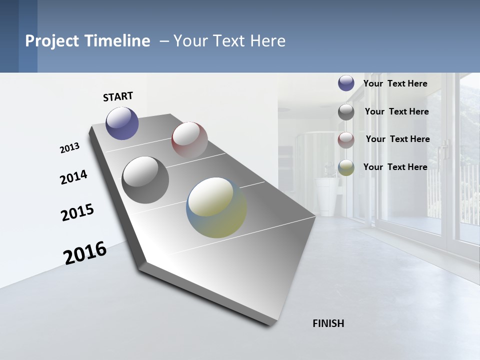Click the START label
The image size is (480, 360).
tap(118, 96)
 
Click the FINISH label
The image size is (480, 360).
tap(328, 323)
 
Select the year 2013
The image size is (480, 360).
tap(69, 148)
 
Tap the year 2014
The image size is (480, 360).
tap(73, 177)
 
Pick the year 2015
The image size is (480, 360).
tap(77, 212)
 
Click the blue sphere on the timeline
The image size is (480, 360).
tap(122, 123)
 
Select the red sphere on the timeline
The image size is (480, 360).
tap(189, 139)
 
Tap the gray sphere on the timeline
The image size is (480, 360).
tap(145, 179)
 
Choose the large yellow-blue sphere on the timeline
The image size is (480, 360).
tap(216, 207)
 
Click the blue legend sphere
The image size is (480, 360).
tap(346, 83)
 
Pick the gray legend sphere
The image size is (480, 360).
tap(346, 112)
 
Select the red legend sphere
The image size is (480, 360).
tap(346, 140)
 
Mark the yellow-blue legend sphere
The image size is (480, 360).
tap(346, 167)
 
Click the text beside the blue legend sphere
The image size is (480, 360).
tap(395, 83)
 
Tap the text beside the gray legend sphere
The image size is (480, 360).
tap(396, 111)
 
